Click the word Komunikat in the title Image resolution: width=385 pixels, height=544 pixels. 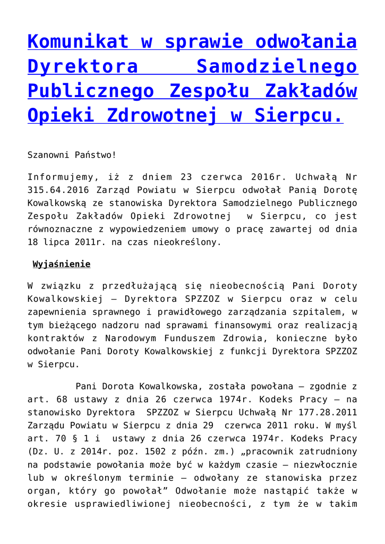coord(72,41)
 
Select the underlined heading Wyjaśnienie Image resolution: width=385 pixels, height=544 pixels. coord(62,264)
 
